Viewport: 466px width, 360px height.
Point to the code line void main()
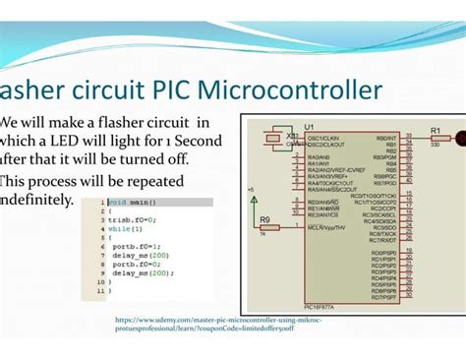(x=132, y=203)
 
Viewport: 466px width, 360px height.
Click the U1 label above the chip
(x=309, y=128)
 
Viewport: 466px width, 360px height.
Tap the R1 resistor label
(x=436, y=129)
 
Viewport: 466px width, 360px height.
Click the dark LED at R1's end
(x=460, y=138)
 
